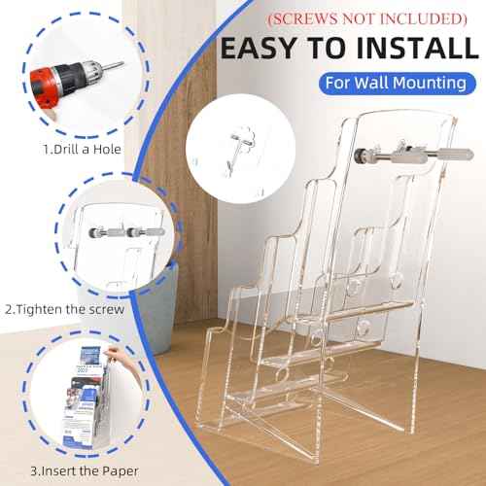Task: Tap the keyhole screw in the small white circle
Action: [x=233, y=148]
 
